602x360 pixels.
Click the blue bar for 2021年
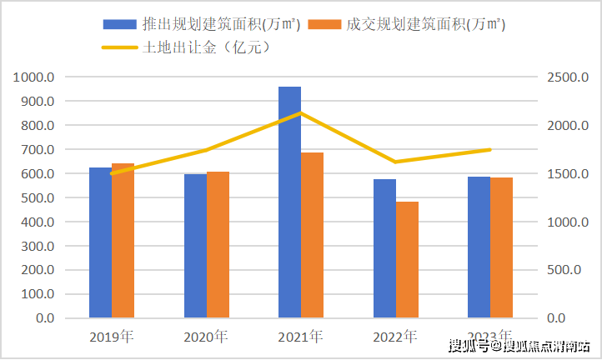tap(289, 202)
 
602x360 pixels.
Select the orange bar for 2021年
tap(312, 235)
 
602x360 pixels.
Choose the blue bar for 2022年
tap(384, 248)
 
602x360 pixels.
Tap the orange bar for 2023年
tap(502, 247)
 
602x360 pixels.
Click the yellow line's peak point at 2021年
tap(301, 112)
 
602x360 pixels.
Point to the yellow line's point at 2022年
tap(396, 162)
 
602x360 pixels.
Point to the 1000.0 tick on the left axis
tap(35, 77)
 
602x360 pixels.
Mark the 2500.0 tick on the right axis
tap(568, 77)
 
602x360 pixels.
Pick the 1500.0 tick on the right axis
tap(568, 174)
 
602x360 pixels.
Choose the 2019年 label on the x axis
tap(112, 337)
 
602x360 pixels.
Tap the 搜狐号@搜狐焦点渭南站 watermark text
tap(519, 344)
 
